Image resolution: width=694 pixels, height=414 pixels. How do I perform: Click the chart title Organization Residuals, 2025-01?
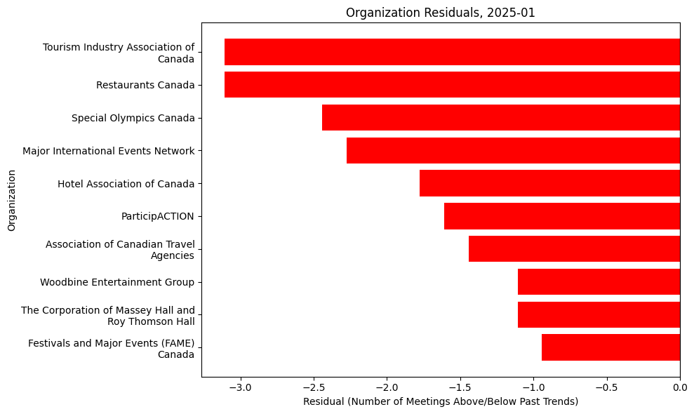pos(441,13)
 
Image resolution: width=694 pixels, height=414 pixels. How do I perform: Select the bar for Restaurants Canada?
pos(452,85)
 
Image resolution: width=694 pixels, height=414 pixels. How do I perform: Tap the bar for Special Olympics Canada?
pos(501,118)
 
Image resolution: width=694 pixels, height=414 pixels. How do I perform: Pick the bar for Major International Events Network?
pos(513,150)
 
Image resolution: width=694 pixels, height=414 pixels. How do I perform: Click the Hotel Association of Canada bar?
pos(549,183)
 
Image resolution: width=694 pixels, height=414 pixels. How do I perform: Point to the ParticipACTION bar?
pos(562,216)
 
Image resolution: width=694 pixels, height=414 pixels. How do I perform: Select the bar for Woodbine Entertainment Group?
pos(599,282)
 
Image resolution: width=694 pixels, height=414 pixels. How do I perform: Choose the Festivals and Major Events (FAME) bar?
pos(610,347)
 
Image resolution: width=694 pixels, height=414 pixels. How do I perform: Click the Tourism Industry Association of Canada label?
pos(119,53)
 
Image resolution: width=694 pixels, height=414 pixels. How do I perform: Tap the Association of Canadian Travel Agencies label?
pos(120,250)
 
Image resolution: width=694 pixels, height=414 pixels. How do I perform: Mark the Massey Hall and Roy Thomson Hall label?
pos(108,316)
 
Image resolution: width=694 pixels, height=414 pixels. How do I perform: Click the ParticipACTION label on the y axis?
pos(158,216)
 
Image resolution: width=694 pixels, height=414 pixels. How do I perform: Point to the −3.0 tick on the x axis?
pos(240,387)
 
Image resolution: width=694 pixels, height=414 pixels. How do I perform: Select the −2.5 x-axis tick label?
pos(313,387)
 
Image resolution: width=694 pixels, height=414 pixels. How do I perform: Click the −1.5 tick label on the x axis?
pos(460,387)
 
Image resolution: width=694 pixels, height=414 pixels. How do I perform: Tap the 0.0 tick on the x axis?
pos(679,387)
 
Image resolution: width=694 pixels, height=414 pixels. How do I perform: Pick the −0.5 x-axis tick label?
pos(606,387)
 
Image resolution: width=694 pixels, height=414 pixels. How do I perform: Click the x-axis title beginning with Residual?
pos(441,401)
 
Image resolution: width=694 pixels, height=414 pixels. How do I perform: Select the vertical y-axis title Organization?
pos(11,199)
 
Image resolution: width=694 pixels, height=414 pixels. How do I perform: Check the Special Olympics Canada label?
pos(133,118)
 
